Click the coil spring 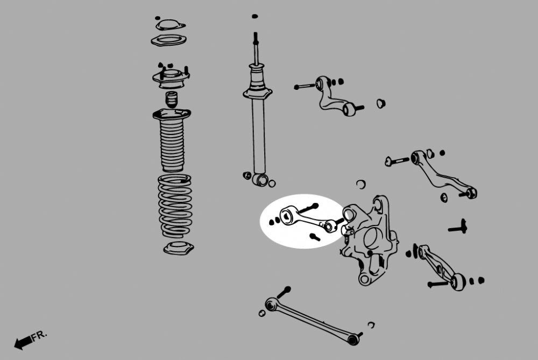175,206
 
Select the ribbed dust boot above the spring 172,140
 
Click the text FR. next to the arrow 39,335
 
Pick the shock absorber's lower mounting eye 261,179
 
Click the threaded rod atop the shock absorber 256,48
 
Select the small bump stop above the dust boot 172,99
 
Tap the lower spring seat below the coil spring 179,248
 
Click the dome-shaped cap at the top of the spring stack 170,25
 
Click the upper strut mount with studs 171,78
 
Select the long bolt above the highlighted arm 308,208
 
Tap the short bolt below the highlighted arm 315,237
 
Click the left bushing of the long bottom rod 271,304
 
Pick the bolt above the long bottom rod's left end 284,292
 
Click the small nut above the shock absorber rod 254,16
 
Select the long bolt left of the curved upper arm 305,86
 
